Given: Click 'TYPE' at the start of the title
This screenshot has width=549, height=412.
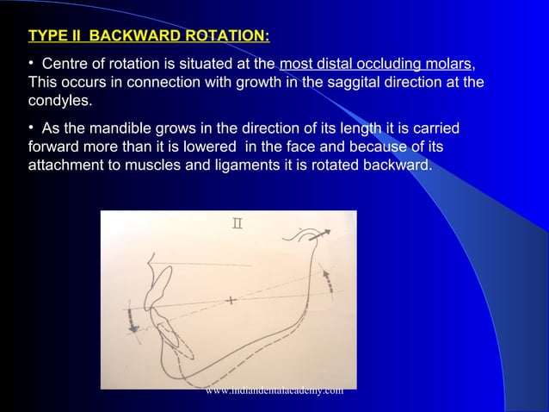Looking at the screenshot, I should coord(49,36).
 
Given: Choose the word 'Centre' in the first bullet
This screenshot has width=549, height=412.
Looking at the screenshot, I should coord(66,64).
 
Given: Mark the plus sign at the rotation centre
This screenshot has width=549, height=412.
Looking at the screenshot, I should coord(231,300).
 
